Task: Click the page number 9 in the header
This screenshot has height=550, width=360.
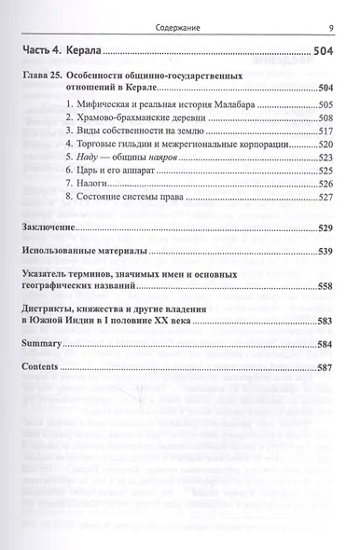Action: (332, 12)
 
